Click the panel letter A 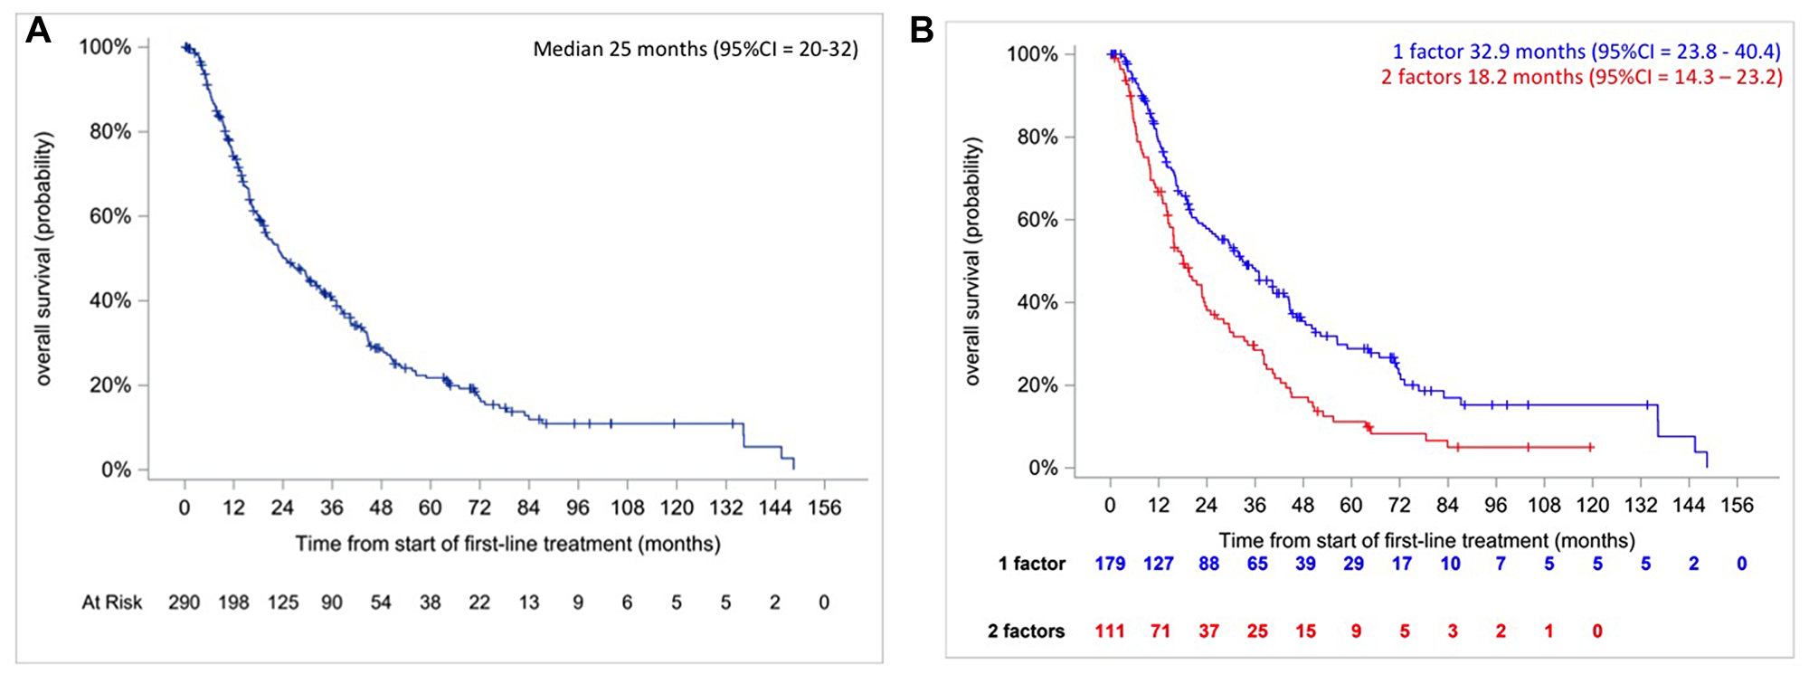pyautogui.click(x=38, y=31)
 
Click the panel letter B pyautogui.click(x=921, y=31)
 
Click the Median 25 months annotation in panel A pyautogui.click(x=695, y=49)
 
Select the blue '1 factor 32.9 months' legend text pyautogui.click(x=1586, y=52)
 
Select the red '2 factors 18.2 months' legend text pyautogui.click(x=1581, y=77)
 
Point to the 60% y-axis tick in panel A pyautogui.click(x=109, y=216)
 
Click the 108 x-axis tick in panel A pyautogui.click(x=627, y=508)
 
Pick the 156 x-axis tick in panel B pyautogui.click(x=1737, y=505)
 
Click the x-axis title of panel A pyautogui.click(x=507, y=544)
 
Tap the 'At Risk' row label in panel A pyautogui.click(x=112, y=603)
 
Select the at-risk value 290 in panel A pyautogui.click(x=184, y=603)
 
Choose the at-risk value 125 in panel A pyautogui.click(x=282, y=603)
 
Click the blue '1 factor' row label pyautogui.click(x=1031, y=564)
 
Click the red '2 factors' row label pyautogui.click(x=1026, y=631)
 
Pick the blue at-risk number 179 pyautogui.click(x=1110, y=564)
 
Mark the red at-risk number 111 pyautogui.click(x=1110, y=631)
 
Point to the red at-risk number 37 pyautogui.click(x=1208, y=631)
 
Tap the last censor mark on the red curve pyautogui.click(x=1590, y=447)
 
